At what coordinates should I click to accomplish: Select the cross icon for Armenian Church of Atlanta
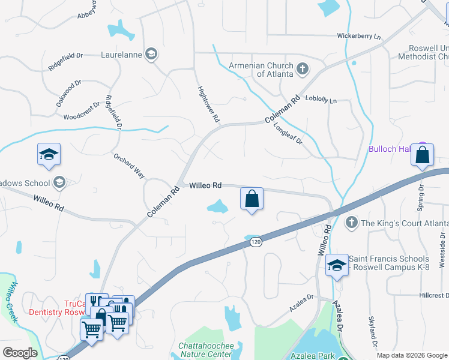(303, 69)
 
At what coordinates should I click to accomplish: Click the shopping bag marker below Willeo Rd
(252, 198)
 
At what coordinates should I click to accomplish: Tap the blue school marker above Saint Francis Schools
(337, 265)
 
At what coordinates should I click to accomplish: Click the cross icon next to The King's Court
(353, 224)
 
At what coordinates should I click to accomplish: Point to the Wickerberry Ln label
(359, 37)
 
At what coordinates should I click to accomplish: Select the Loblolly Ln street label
(321, 99)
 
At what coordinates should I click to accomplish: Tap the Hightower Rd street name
(209, 104)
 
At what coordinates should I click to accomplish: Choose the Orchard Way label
(130, 165)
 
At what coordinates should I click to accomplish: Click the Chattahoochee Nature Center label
(205, 350)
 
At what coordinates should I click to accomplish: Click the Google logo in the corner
(20, 353)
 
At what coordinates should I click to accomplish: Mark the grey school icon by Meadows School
(59, 182)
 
